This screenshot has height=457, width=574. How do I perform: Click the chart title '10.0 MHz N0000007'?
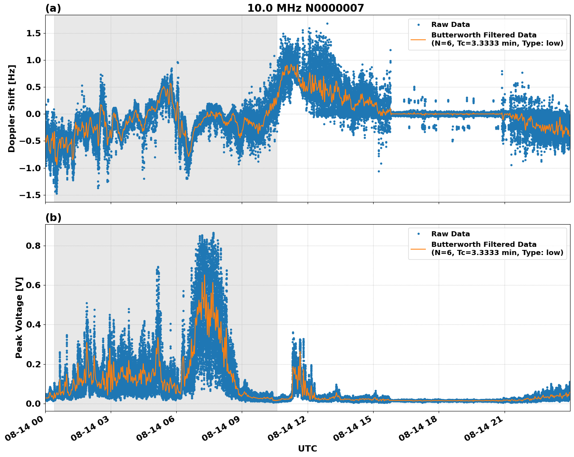(305, 8)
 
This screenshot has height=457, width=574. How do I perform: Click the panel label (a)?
(53, 8)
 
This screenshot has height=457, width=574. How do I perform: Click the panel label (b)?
(53, 218)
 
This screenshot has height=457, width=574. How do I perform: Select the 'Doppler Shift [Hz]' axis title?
(12, 108)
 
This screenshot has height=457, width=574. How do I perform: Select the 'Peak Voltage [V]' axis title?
(19, 317)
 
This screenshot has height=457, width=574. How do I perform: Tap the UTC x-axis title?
(307, 448)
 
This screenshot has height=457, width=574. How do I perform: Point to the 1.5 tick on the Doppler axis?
(34, 34)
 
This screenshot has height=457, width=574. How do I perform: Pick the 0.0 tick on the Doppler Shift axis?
(34, 114)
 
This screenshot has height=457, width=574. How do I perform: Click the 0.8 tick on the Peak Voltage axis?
(34, 246)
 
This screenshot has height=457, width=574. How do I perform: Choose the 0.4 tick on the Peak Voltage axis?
(34, 325)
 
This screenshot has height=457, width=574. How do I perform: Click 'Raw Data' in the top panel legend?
(450, 25)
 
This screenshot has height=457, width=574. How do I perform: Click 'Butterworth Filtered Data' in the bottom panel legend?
(484, 244)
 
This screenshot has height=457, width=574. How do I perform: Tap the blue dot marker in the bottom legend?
(418, 234)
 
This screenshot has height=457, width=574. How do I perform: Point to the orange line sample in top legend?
(418, 39)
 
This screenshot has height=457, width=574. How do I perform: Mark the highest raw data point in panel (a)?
(327, 23)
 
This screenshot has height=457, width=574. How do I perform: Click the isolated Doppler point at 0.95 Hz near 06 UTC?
(177, 62)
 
